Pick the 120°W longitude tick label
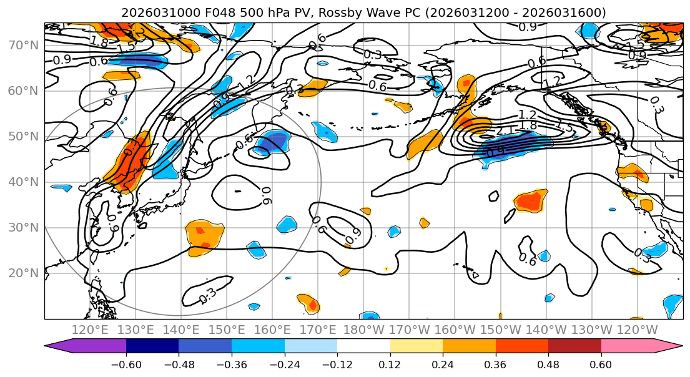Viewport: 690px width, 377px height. click(x=638, y=330)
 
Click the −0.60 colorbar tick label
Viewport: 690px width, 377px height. click(x=126, y=364)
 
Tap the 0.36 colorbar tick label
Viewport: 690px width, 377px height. click(x=495, y=364)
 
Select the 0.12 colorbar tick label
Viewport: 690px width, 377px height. click(x=390, y=364)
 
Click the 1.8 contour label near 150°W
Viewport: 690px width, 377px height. click(x=528, y=125)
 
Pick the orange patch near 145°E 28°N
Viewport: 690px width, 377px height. click(x=204, y=235)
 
